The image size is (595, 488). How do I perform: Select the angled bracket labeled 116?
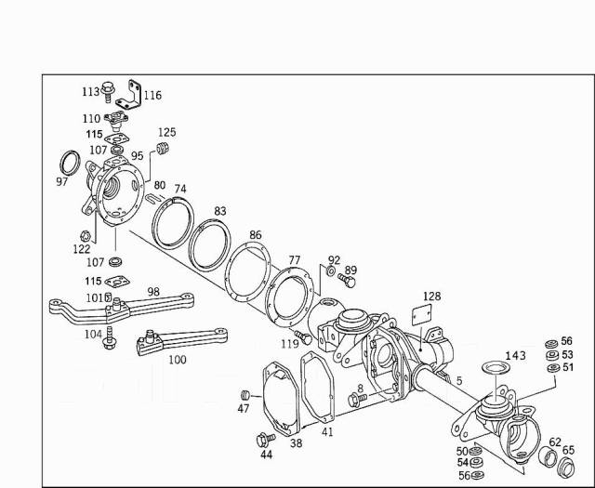(x=136, y=92)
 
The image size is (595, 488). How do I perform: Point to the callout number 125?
(x=166, y=132)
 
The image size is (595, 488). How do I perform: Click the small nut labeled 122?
(x=84, y=235)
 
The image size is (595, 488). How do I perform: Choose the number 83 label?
(x=219, y=212)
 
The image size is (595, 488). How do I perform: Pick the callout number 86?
(x=256, y=236)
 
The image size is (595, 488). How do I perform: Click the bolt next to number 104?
(x=111, y=336)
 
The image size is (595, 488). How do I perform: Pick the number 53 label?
(x=566, y=354)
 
